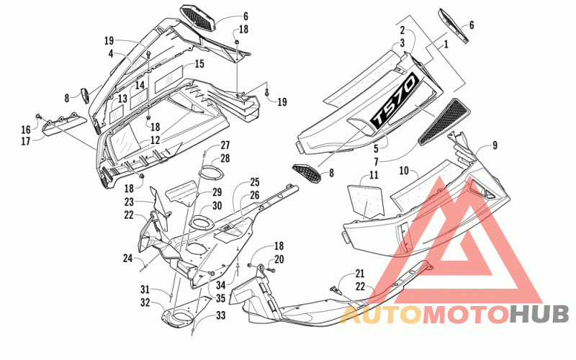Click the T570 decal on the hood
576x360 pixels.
coord(394,100)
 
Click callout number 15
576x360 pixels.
coord(199,64)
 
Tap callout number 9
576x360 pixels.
coord(495,145)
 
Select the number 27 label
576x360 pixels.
coord(225,145)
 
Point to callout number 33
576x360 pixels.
coord(221,315)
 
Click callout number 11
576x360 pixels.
coord(374,175)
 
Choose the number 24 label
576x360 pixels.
coord(127,258)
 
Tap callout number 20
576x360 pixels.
coord(279,259)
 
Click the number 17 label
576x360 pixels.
coord(26,141)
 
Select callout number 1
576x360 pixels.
coord(446,45)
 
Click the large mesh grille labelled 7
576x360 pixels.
coord(444,121)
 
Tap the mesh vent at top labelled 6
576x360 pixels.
coord(197,19)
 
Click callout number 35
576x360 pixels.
coord(220,298)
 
